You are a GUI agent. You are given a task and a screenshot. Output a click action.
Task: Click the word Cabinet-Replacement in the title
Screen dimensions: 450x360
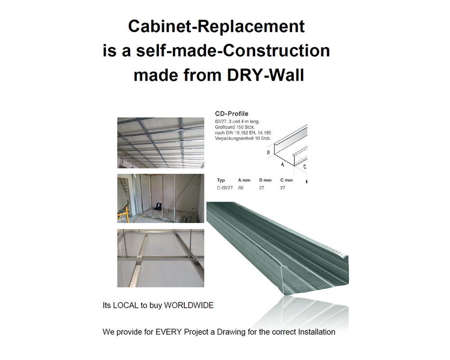point(216,26)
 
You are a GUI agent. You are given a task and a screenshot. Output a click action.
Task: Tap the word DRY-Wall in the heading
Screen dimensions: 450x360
point(265,75)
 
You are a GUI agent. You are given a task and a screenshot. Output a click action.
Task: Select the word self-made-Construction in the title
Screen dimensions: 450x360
point(233,50)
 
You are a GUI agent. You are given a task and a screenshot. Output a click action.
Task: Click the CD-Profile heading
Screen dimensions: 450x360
point(232,114)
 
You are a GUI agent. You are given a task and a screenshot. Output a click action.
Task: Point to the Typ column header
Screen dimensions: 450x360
point(221,180)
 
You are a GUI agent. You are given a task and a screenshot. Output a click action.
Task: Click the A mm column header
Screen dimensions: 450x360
point(244,180)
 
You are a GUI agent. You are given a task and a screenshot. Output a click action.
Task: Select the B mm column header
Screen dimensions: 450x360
point(265,180)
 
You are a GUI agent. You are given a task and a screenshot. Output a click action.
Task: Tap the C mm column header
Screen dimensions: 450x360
point(286,180)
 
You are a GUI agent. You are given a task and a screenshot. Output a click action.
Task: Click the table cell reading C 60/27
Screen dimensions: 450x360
point(225,188)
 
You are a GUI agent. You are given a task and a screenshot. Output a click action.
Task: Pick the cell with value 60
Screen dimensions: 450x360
point(240,188)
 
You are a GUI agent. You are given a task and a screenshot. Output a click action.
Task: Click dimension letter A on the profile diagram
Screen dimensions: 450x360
point(283,165)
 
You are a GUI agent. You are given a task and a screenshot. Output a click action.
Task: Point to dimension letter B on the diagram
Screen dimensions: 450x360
point(268,153)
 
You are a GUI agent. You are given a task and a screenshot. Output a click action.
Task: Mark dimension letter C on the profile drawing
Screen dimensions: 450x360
point(305,166)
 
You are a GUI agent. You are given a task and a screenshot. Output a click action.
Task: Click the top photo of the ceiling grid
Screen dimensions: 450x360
point(161,143)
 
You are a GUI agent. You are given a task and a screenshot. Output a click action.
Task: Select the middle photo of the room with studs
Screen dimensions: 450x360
point(161,198)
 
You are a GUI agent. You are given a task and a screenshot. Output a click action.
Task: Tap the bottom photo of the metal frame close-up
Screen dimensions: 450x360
point(161,258)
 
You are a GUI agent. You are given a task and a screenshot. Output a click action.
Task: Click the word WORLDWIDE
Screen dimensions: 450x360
point(189,305)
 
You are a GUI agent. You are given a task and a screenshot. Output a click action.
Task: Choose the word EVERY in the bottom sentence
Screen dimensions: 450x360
point(168,332)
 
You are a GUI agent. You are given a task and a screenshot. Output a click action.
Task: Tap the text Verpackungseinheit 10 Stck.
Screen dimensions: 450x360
point(243,138)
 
